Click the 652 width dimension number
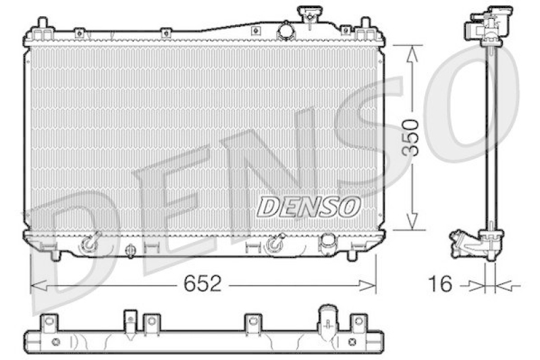point(202,284)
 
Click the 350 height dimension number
point(411,138)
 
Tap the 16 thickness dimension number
point(439,284)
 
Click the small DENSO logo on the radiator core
point(308,207)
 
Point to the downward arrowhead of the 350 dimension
point(412,221)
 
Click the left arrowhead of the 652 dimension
point(39,285)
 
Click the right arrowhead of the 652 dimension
point(368,285)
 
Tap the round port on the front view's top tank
point(286,30)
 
